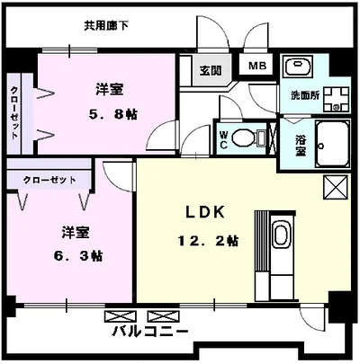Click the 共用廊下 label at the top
point(105,25)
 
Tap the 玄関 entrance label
point(210,69)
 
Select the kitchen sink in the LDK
point(280,237)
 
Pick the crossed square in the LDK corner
point(336,185)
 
